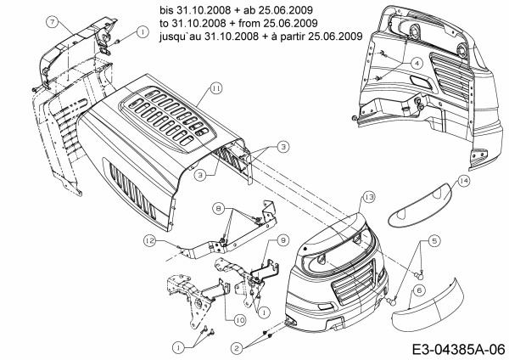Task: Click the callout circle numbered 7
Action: [52, 20]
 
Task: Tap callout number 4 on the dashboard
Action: [417, 63]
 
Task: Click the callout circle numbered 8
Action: [219, 208]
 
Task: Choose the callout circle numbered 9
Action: [283, 240]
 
